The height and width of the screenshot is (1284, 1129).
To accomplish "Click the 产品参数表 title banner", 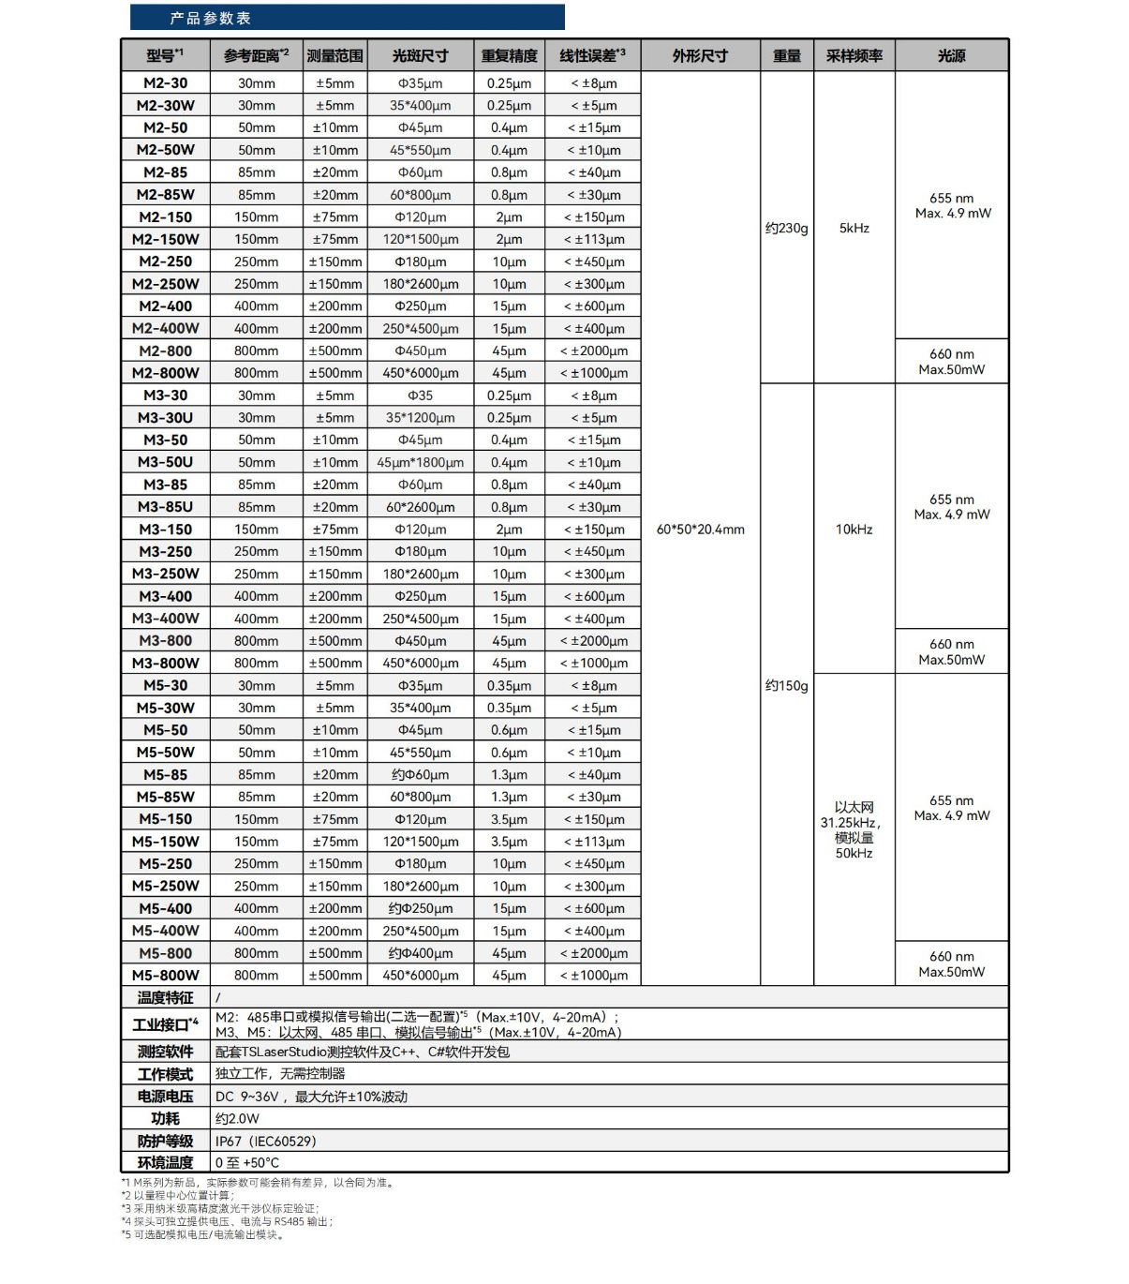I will tap(347, 18).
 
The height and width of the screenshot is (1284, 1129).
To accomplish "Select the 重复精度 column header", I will tap(509, 56).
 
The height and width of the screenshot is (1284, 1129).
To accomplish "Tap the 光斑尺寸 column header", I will tap(420, 56).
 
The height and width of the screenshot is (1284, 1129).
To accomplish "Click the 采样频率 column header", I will tap(854, 56).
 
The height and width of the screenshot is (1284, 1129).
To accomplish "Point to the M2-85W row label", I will tap(166, 195).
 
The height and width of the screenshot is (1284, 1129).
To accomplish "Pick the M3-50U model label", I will tap(166, 462).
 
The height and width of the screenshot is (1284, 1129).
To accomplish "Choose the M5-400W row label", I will tap(166, 931).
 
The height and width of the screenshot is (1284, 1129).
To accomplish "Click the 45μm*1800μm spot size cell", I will tap(420, 462).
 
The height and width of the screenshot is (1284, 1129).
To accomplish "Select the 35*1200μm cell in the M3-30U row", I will tap(420, 418).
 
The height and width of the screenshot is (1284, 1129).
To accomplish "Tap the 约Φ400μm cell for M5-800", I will tap(420, 953).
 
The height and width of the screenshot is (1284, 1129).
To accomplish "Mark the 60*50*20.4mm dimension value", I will tap(700, 530).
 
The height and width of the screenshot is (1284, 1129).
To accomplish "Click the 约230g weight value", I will tap(786, 228).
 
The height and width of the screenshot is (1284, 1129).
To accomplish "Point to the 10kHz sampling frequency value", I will tap(854, 530).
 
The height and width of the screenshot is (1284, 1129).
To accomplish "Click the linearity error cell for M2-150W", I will tap(594, 239).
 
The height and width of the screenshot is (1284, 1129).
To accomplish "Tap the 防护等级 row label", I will tap(166, 1141).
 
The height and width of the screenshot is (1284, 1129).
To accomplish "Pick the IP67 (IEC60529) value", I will tap(266, 1141).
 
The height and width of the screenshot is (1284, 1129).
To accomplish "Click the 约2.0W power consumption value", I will tap(237, 1118).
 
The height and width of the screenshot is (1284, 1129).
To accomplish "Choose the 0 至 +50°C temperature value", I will tap(247, 1163).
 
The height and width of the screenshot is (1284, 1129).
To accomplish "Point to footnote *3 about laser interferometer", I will tap(220, 1208).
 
